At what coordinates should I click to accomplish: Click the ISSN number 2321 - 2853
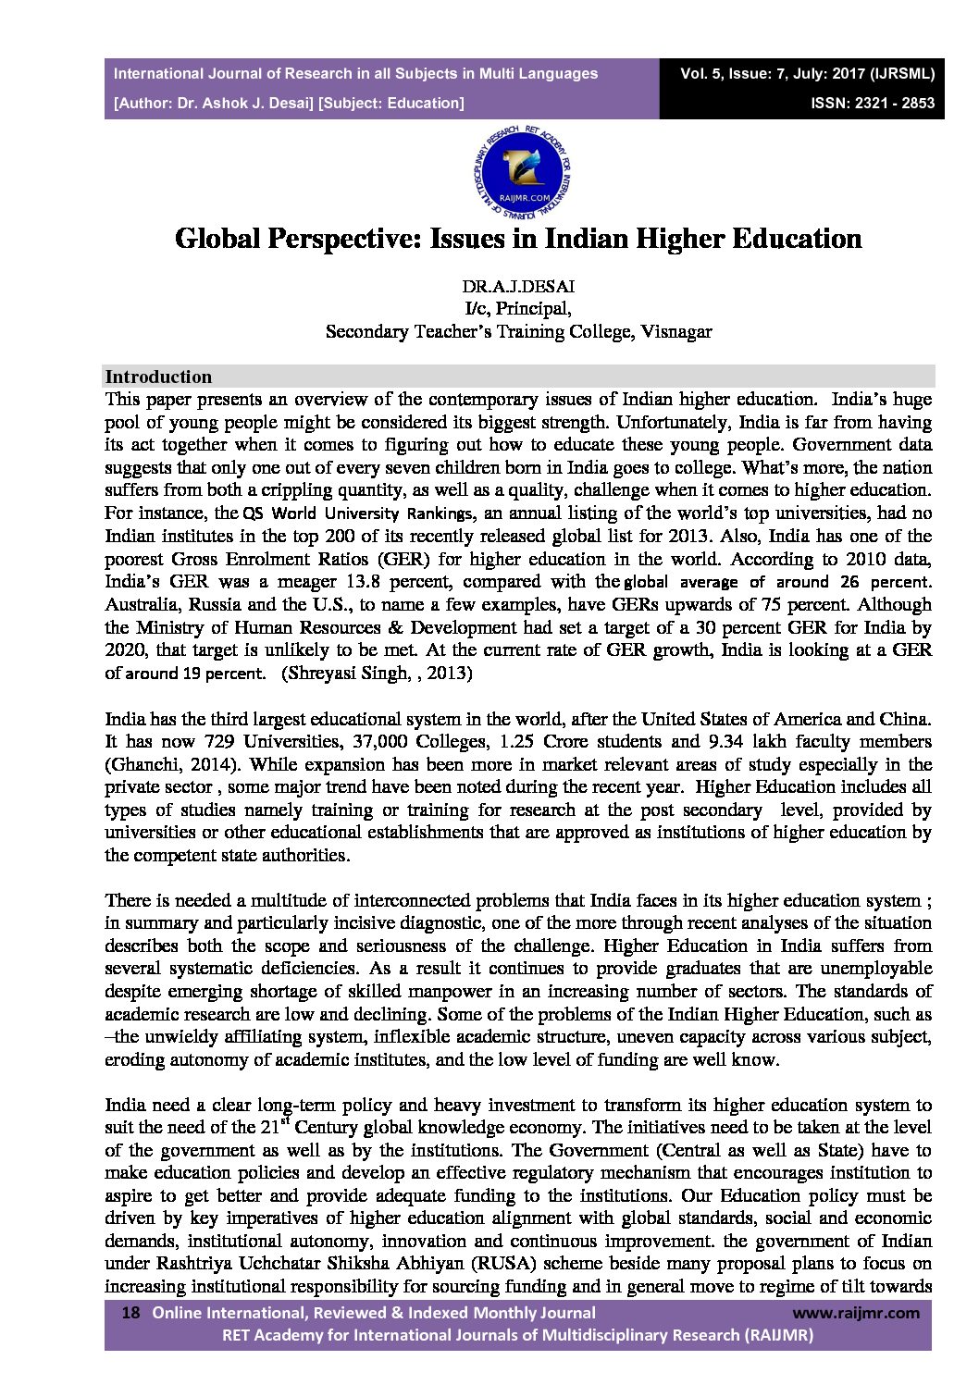tap(892, 104)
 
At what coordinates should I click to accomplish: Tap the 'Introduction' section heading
tap(158, 377)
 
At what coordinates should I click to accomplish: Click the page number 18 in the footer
tap(131, 1313)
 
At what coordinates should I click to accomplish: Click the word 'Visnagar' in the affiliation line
tap(675, 331)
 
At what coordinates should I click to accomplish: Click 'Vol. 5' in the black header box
tap(700, 73)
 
